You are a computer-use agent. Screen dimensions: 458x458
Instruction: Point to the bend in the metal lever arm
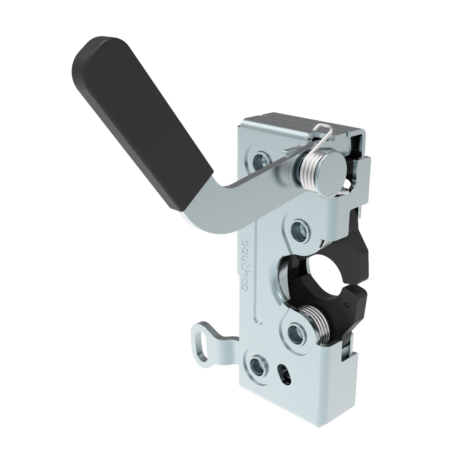[222, 204]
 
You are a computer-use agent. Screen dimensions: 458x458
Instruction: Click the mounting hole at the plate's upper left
[261, 161]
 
